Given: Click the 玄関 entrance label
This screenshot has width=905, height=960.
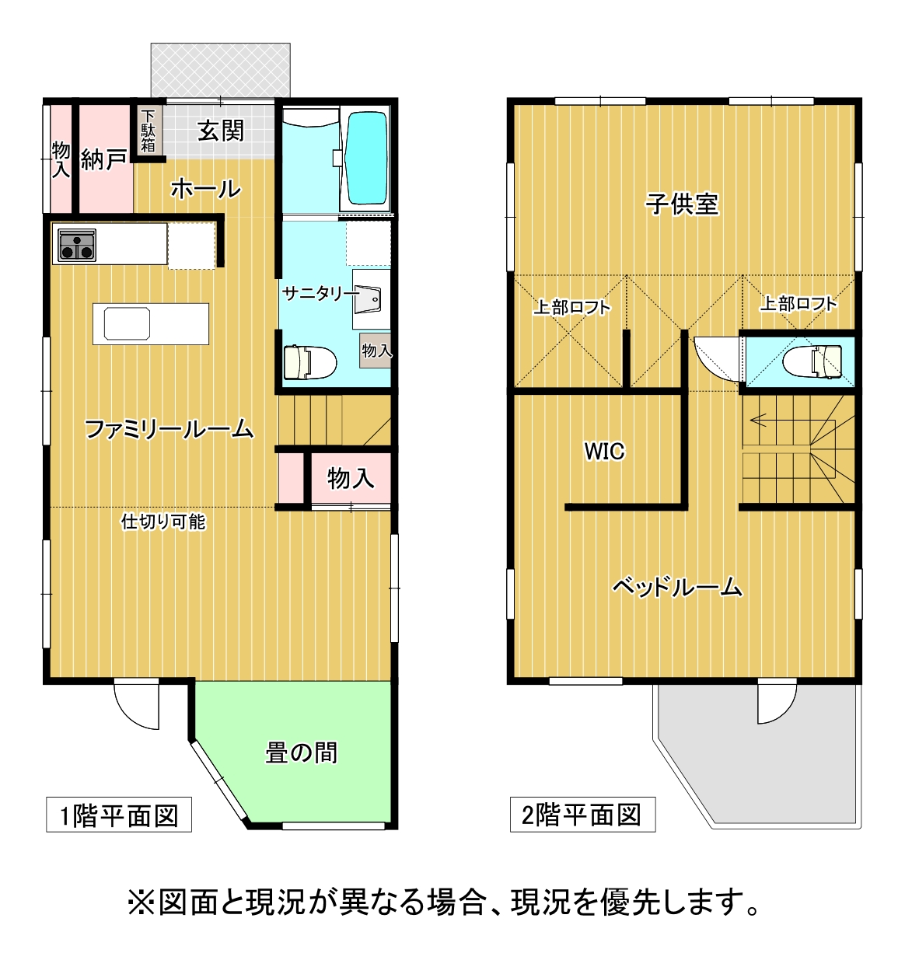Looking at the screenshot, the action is [x=221, y=131].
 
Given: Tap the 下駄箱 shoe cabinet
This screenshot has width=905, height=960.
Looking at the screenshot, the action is [x=148, y=131].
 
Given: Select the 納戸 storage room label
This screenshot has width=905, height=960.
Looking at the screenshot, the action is [x=104, y=159].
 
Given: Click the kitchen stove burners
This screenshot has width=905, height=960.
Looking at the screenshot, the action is [x=77, y=245].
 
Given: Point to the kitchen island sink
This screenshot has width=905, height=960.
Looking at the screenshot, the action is [x=127, y=323].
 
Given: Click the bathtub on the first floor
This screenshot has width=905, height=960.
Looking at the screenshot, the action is [x=368, y=159].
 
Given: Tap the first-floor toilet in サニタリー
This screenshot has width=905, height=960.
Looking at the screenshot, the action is [x=310, y=362].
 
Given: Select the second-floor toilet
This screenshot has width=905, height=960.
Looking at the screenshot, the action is [x=812, y=362].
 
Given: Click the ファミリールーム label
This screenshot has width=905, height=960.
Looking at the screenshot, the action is [x=169, y=429].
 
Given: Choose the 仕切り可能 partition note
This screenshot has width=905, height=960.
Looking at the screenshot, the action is [x=163, y=522].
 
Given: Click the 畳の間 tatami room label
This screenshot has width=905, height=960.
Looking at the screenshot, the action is [x=302, y=752].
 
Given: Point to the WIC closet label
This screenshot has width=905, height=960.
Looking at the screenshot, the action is [x=605, y=452].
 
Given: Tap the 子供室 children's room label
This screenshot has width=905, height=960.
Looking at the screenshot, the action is [x=682, y=204].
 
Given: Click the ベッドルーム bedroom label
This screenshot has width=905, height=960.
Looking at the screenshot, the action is [x=677, y=588].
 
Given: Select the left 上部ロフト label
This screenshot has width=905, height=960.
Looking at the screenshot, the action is [x=572, y=307].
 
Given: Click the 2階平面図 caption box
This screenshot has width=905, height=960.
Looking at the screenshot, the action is [x=583, y=815].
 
